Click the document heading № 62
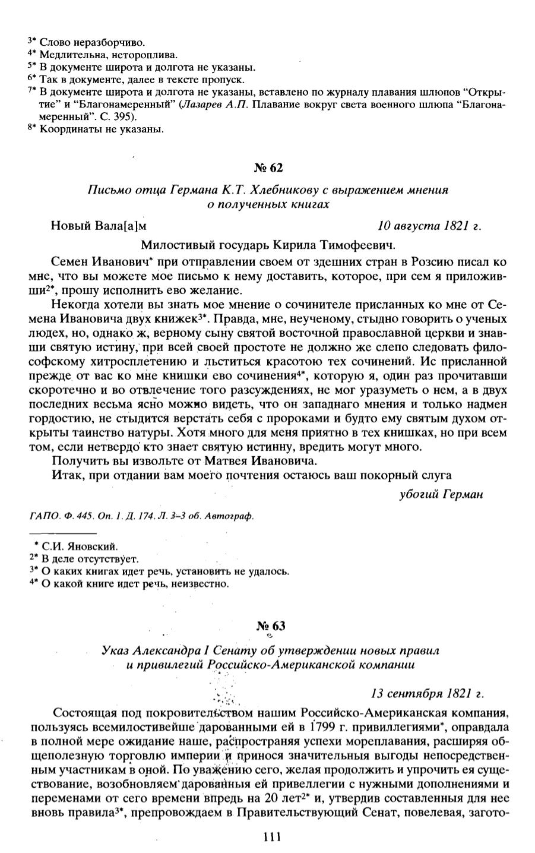(268, 168)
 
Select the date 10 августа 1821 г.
(429, 226)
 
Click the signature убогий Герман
(441, 494)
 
